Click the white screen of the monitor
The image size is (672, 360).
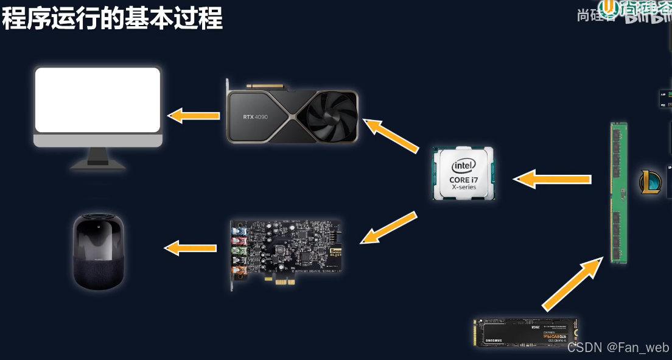click(97, 100)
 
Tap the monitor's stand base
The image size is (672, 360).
click(98, 163)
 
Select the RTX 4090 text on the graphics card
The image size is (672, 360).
click(255, 116)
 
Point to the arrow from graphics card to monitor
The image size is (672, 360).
click(194, 115)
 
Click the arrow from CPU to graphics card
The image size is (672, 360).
click(391, 135)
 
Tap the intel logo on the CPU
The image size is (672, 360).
click(463, 166)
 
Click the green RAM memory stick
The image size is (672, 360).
click(618, 192)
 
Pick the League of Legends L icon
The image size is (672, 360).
click(650, 182)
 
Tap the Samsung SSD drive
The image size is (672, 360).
click(525, 333)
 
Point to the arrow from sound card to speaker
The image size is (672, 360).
click(191, 247)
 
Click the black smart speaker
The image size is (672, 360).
click(99, 252)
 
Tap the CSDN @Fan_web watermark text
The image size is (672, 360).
click(618, 347)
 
